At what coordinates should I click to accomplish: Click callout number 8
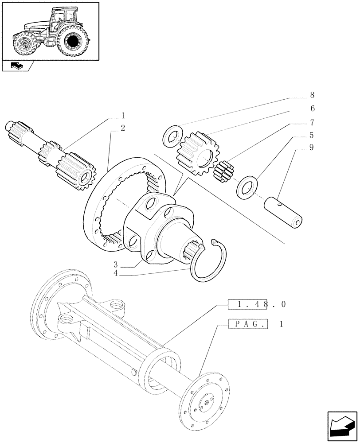coord(312,95)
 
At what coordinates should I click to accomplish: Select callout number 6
coord(312,109)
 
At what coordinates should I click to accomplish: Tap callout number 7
coord(312,122)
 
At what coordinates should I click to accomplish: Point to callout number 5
coord(312,136)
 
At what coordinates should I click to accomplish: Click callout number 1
coord(123,116)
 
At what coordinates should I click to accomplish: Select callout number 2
coord(123,128)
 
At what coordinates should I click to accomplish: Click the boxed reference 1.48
coord(248,304)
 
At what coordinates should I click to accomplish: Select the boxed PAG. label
coord(248,324)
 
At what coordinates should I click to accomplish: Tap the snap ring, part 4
coord(208,261)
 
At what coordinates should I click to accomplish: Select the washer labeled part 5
coord(247,187)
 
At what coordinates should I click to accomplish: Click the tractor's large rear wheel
coord(72,41)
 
